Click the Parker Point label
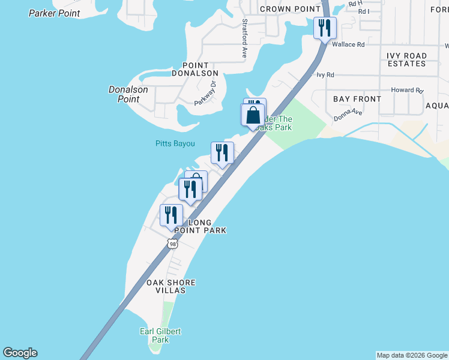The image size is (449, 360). click(54, 13)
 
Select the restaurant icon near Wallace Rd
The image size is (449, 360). click(325, 28)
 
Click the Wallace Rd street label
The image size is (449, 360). click(348, 44)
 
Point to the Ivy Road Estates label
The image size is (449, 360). click(406, 59)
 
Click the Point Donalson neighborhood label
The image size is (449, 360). click(195, 69)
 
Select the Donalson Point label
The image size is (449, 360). click(128, 94)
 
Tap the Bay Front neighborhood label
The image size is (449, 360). click(357, 99)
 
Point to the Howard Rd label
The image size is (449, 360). click(407, 90)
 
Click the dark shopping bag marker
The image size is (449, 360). click(253, 115)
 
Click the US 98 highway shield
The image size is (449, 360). click(173, 243)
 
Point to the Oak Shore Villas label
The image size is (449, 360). click(171, 286)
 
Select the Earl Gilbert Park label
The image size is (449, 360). click(160, 335)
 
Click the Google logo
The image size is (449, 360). click(20, 353)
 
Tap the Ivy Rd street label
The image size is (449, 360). click(325, 75)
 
